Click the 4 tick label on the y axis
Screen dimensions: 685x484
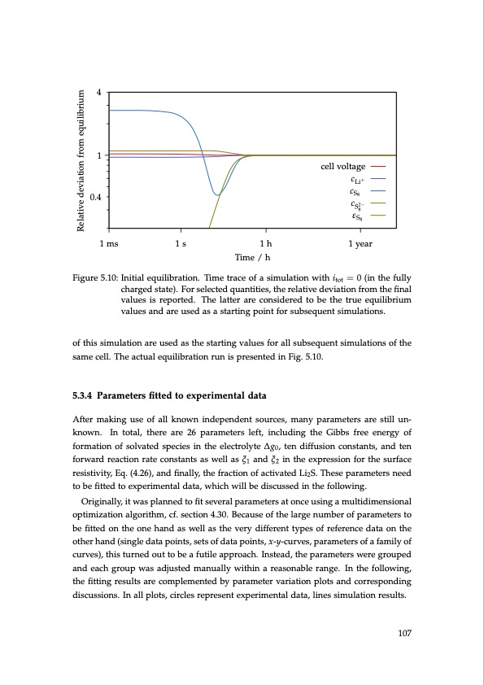tap(98, 92)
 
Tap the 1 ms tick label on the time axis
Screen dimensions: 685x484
tap(107, 243)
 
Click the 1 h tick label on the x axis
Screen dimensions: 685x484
tap(266, 243)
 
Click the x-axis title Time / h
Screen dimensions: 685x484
tap(252, 256)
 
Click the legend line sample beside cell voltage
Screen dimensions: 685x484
tap(381, 167)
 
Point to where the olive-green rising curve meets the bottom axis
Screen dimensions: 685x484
tap(210, 229)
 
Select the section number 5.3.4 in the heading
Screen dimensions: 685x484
tap(85, 396)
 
